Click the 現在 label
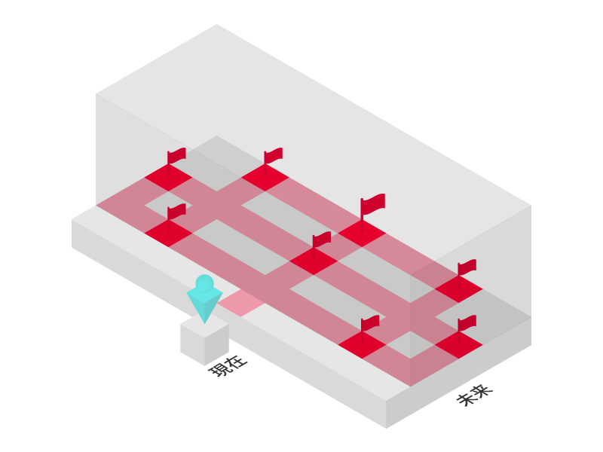[228, 366]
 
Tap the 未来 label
[474, 395]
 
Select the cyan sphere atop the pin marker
[204, 283]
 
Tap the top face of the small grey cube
[204, 325]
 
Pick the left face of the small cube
[192, 344]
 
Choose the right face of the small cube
[217, 344]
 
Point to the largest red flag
[373, 203]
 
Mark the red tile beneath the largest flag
[362, 233]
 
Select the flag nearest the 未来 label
[467, 323]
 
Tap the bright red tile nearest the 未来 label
[458, 345]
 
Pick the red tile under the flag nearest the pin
[168, 233]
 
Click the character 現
[219, 371]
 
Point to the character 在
[236, 362]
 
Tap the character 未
[467, 399]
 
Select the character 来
[482, 390]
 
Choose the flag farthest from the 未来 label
[176, 155]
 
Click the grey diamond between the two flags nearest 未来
[410, 344]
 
